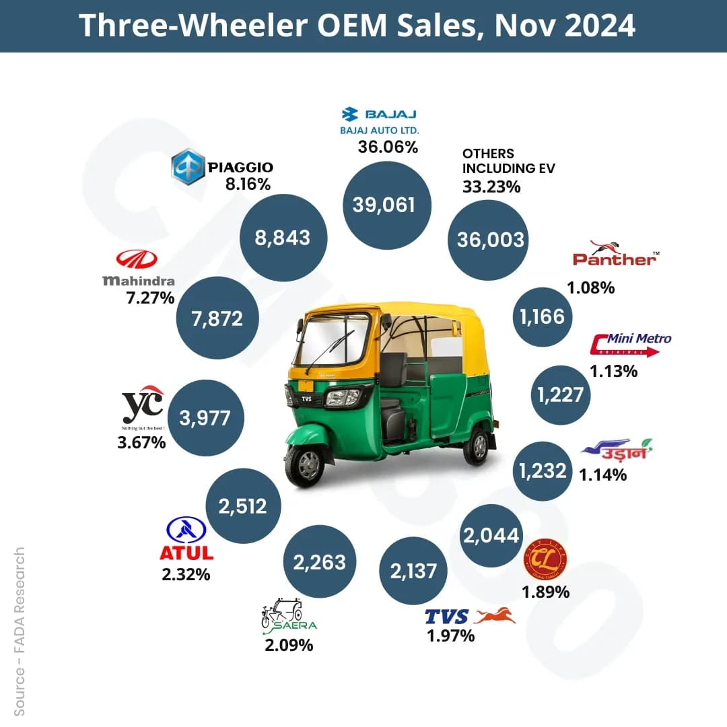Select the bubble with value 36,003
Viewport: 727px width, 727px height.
pos(490,239)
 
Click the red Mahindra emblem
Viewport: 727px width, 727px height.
pos(136,259)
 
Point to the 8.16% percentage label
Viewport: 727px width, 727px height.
pos(248,184)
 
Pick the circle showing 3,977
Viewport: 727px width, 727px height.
pos(205,417)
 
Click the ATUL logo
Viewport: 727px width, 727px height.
pos(186,540)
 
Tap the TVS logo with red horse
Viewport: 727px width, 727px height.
pos(470,616)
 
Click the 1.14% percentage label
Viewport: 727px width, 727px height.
pos(603,475)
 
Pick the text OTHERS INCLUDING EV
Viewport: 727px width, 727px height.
pos(508,161)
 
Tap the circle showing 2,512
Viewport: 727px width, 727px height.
pos(242,505)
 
